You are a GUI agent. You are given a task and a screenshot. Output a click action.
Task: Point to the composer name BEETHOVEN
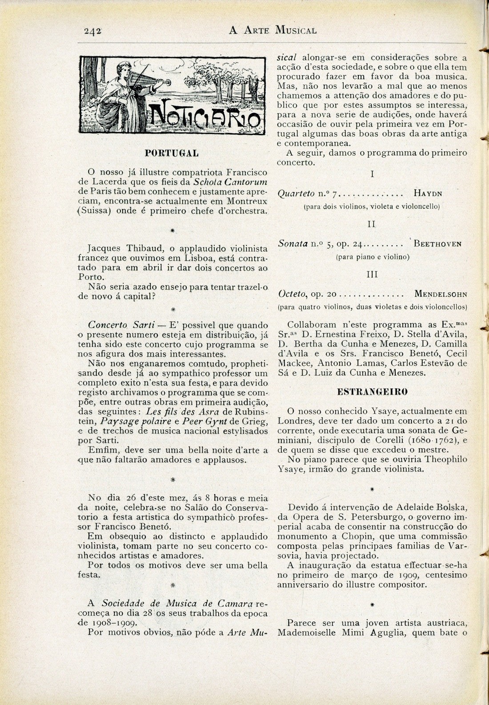(437, 244)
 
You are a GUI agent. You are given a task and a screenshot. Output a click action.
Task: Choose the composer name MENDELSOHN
(441, 294)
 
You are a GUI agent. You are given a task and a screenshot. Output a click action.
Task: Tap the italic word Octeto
(293, 294)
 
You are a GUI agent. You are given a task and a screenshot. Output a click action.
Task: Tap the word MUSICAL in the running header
(296, 31)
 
